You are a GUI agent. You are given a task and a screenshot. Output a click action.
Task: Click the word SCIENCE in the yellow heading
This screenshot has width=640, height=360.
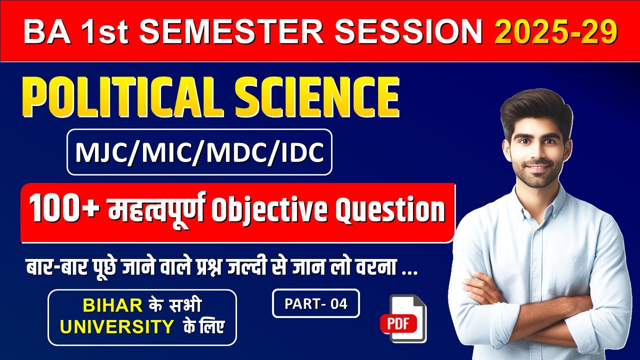click(x=314, y=97)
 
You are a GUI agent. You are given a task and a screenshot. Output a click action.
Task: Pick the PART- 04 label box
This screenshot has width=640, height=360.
click(x=315, y=303)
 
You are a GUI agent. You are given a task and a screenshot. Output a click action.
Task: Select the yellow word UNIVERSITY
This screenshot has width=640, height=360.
click(x=116, y=327)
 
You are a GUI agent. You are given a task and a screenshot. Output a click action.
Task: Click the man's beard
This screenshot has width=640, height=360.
click(x=538, y=175)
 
